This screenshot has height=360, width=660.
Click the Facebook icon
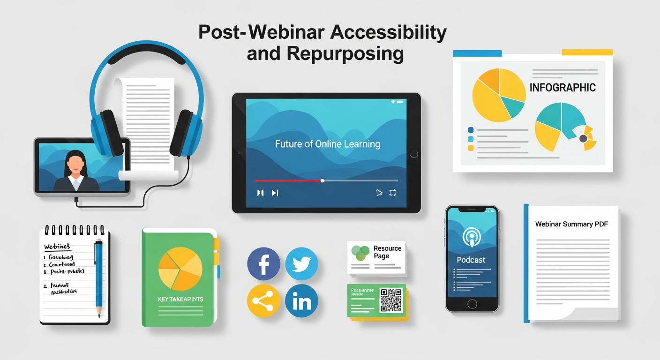[263, 264]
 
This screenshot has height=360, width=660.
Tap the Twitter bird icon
[301, 264]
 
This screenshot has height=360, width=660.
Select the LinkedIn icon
[301, 301]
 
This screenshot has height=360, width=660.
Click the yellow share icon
[263, 301]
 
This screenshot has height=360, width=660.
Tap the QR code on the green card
[390, 300]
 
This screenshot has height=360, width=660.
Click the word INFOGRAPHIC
[562, 88]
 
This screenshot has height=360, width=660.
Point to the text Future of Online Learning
[327, 144]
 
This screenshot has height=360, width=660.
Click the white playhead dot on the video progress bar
[322, 180]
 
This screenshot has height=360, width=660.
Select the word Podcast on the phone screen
[471, 260]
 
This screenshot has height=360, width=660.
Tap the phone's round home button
[472, 304]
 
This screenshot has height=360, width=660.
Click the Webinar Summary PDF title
[571, 224]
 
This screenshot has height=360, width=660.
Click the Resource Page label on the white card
[387, 252]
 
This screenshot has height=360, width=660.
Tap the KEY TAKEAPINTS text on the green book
[180, 299]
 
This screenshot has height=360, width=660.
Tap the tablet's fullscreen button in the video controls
[393, 193]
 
